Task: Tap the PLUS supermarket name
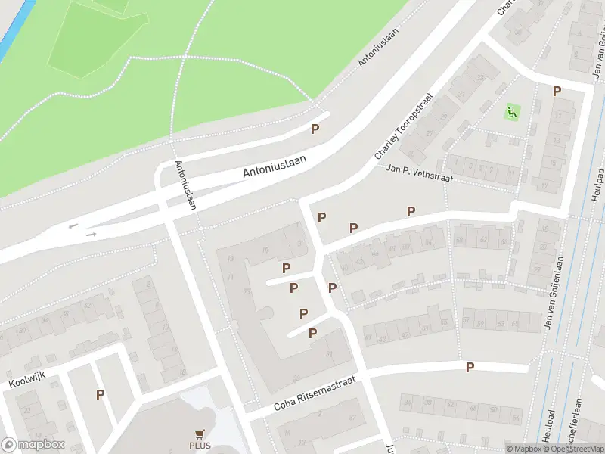pos(200,446)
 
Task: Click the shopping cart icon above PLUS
pos(200,434)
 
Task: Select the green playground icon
pos(512,113)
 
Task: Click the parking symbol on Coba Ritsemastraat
pos(470,367)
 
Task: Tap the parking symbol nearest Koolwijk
pos(100,394)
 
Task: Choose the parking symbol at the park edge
pos(315,129)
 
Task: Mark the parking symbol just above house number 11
pos(557,91)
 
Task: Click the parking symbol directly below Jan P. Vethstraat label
pos(411,211)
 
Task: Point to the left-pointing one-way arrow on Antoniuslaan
pos(73,225)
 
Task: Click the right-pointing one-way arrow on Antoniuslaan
pos(92,234)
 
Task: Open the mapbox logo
pos(33,445)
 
